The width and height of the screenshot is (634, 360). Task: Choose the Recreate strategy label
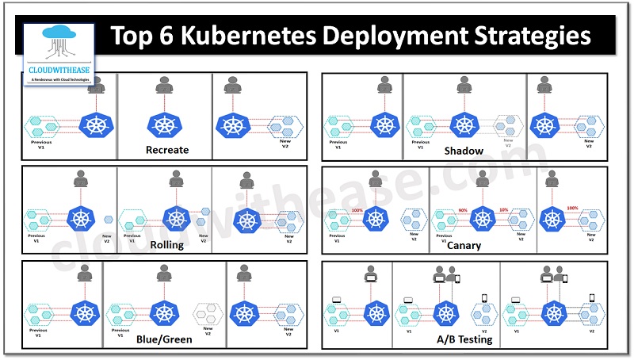166,149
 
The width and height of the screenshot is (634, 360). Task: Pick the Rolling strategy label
166,244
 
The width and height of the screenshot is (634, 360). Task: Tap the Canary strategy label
464,245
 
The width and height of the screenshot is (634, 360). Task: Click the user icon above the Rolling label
176,179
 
